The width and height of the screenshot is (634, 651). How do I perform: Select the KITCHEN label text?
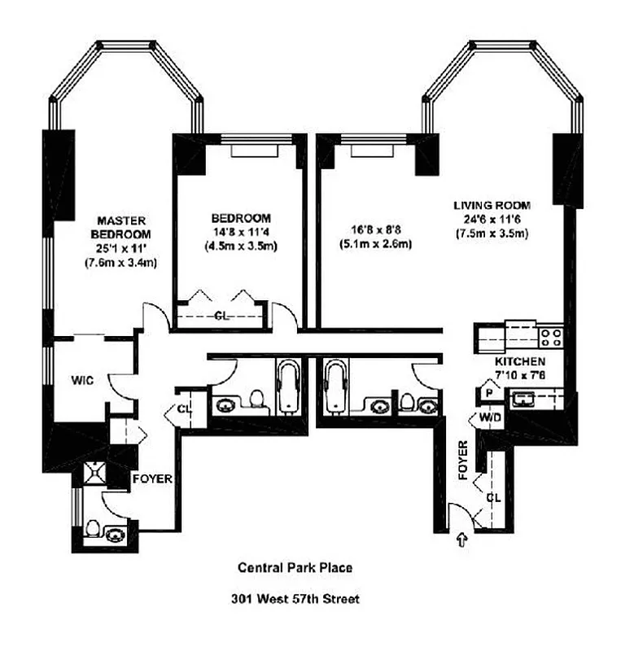(519, 360)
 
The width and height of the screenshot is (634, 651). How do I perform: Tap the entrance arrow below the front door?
(462, 539)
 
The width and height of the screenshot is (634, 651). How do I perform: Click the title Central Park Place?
(295, 569)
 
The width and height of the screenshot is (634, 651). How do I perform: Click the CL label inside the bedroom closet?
(221, 317)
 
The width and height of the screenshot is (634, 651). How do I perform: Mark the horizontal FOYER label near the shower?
(152, 479)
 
